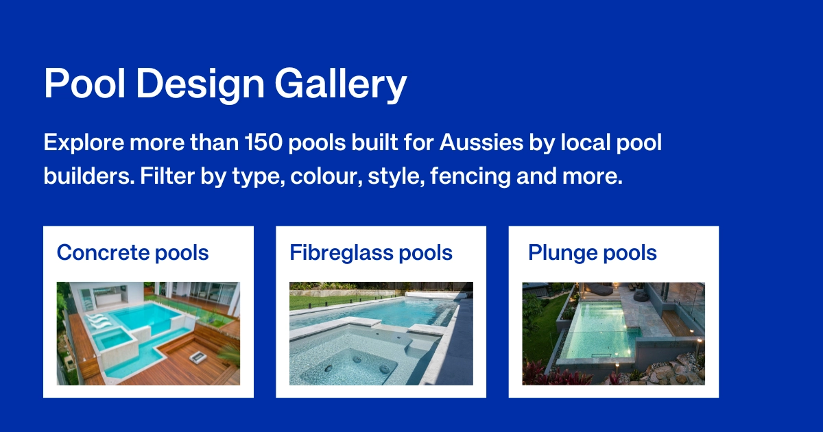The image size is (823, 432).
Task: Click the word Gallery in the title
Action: tap(341, 85)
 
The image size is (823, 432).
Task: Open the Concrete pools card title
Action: tap(132, 252)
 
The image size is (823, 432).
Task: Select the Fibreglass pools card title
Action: tap(371, 252)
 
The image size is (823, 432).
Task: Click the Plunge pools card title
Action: tap(593, 252)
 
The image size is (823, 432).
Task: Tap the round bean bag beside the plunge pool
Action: tap(641, 296)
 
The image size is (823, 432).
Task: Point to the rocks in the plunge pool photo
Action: tap(676, 370)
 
